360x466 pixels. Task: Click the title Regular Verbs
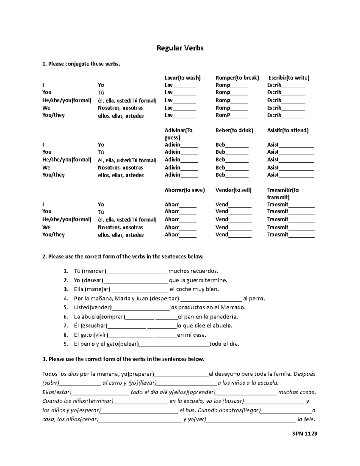180,48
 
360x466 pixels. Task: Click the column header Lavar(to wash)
182,78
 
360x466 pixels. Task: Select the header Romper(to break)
237,78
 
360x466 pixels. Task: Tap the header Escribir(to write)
289,78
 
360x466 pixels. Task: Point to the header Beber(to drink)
234,131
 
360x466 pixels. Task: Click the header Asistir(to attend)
288,131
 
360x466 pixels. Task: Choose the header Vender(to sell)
233,190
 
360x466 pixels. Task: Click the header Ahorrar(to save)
184,190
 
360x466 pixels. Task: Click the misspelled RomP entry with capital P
223,115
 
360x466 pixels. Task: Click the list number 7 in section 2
66,326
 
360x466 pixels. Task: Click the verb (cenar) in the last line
89,420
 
